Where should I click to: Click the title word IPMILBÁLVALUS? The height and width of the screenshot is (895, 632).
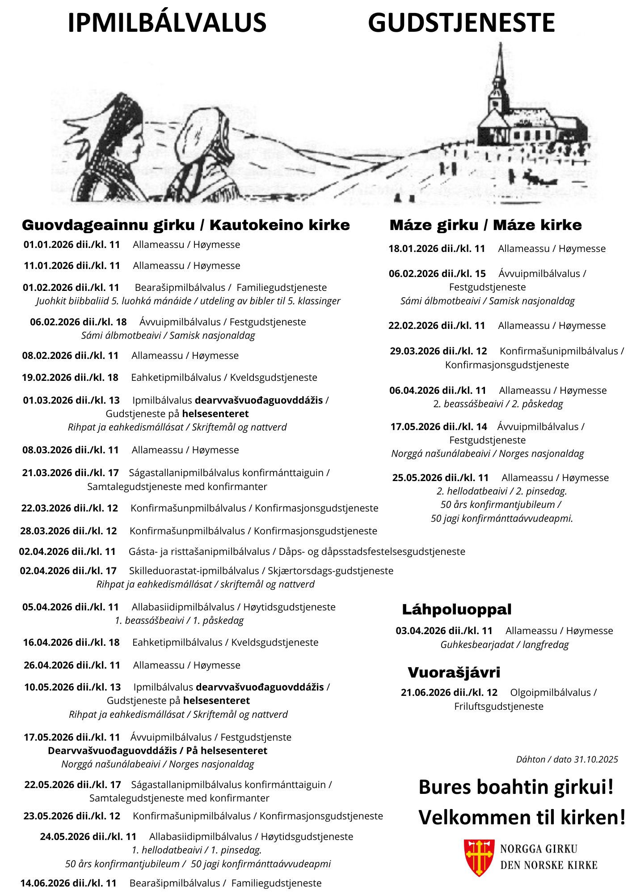click(x=167, y=23)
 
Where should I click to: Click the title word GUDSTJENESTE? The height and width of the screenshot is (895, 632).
click(x=461, y=23)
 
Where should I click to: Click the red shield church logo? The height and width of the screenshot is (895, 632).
click(x=479, y=857)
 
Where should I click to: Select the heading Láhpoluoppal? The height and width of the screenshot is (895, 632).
click(x=456, y=609)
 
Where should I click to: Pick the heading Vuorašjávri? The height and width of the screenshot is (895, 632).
click(x=454, y=672)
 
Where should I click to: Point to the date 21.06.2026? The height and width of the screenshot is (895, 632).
click(x=423, y=693)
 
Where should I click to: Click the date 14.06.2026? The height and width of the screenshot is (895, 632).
click(x=43, y=883)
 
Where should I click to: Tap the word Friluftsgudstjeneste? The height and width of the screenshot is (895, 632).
click(x=499, y=706)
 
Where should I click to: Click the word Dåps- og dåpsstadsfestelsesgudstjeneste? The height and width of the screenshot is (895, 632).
click(x=372, y=551)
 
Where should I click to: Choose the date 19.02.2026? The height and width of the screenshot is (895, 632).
click(x=45, y=378)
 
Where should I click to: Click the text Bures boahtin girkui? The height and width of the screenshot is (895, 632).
click(x=516, y=787)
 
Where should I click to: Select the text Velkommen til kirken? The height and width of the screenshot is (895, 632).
click(x=522, y=818)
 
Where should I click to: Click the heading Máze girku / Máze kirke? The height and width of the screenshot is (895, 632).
click(x=485, y=225)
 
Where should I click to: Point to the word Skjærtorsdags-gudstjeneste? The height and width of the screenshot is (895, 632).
click(x=330, y=571)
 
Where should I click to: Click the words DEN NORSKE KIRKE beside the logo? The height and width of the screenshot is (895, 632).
click(x=548, y=865)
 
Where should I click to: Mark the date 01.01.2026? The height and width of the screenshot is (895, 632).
click(x=47, y=245)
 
